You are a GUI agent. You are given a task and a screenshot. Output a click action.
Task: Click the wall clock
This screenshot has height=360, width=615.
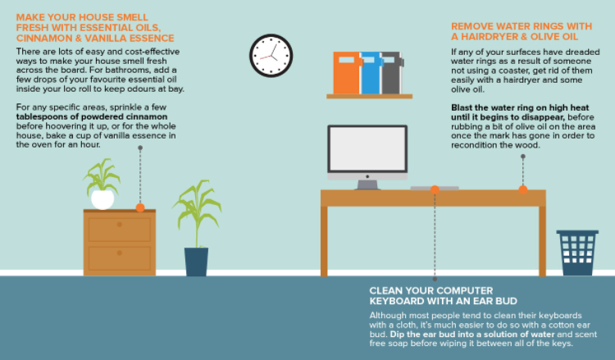pyautogui.click(x=270, y=55)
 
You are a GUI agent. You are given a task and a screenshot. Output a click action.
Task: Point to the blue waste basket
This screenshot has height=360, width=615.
pyautogui.click(x=576, y=253)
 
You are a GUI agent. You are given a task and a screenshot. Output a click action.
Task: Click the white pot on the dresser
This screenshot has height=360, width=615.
pyautogui.click(x=102, y=199)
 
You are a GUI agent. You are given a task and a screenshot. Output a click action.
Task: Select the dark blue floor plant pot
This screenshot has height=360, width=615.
pyautogui.click(x=196, y=261)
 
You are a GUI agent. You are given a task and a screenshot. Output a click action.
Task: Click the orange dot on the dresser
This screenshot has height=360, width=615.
pyautogui.click(x=140, y=207)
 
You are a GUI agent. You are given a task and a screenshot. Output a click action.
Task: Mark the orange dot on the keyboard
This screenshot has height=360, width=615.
pyautogui.click(x=435, y=189)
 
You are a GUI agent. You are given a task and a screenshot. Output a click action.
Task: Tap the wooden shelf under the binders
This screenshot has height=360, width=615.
pyautogui.click(x=369, y=96)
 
